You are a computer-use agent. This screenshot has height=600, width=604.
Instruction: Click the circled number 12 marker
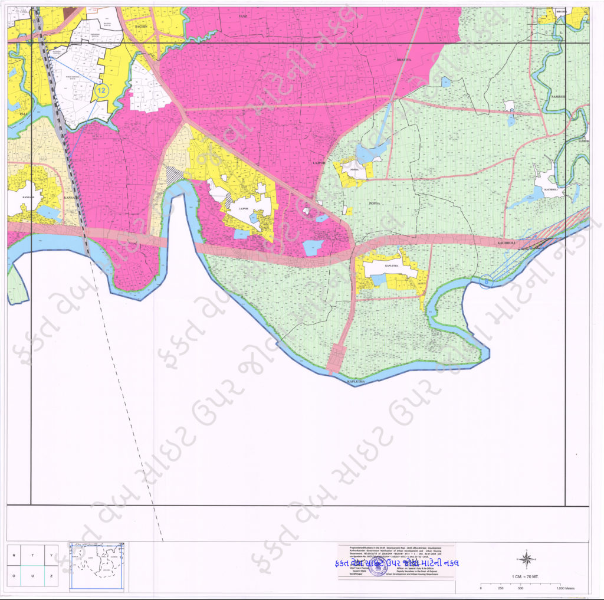101,91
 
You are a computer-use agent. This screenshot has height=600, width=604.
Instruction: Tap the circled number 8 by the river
485,283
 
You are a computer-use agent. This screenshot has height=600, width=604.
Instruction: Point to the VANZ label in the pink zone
242,17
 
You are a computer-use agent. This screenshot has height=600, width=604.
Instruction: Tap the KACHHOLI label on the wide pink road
507,242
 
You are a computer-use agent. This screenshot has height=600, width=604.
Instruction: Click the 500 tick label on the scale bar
520,588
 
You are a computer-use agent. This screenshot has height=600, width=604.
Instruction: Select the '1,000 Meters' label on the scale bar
569,588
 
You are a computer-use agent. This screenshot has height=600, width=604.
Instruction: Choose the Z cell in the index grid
51,575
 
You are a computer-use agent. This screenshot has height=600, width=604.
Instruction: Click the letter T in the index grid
32,555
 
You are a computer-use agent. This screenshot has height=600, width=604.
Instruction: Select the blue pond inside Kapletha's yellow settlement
378,279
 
